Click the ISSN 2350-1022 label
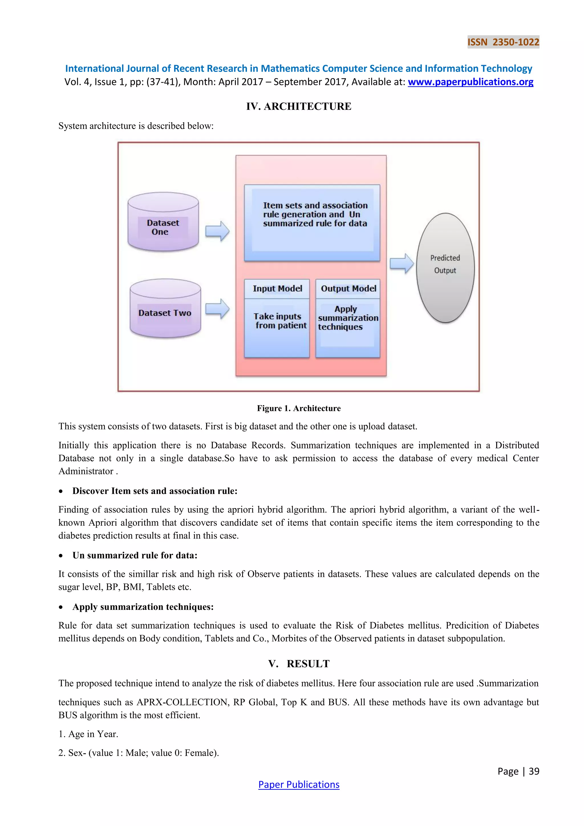[x=503, y=42]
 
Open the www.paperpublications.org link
[x=470, y=82]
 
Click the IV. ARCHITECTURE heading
[x=299, y=106]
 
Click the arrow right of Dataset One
[x=217, y=231]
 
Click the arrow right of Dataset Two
[x=217, y=309]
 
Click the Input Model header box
[x=277, y=289]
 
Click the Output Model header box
[x=348, y=289]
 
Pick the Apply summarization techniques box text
[x=347, y=318]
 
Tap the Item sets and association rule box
[x=312, y=223]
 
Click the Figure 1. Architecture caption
[x=299, y=408]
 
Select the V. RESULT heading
[x=299, y=664]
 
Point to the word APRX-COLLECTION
[x=183, y=702]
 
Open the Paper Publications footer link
[x=299, y=785]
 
